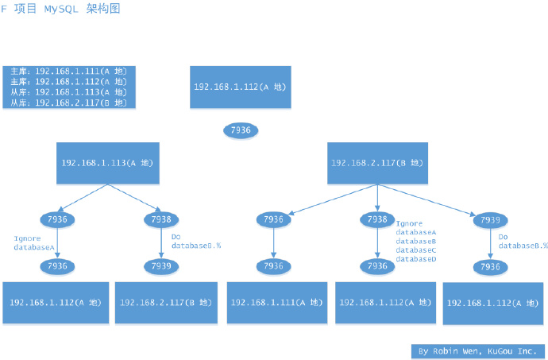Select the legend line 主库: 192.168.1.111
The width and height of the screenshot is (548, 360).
tap(68, 72)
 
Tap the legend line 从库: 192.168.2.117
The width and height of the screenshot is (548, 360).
tap(68, 103)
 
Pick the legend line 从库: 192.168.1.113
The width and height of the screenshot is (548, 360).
tap(68, 92)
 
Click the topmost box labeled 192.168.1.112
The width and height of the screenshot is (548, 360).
tap(240, 87)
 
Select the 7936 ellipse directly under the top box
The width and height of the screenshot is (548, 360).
tap(240, 130)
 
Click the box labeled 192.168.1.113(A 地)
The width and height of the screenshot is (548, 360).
tap(107, 163)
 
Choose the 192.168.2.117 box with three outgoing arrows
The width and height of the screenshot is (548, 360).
tap(377, 163)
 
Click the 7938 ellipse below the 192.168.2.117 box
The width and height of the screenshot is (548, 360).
tap(377, 219)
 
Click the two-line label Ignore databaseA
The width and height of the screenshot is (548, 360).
tap(34, 242)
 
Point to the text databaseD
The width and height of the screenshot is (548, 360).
tap(416, 259)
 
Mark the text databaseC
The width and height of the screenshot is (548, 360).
tap(416, 250)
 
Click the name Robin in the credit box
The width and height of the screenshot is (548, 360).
tap(445, 350)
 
